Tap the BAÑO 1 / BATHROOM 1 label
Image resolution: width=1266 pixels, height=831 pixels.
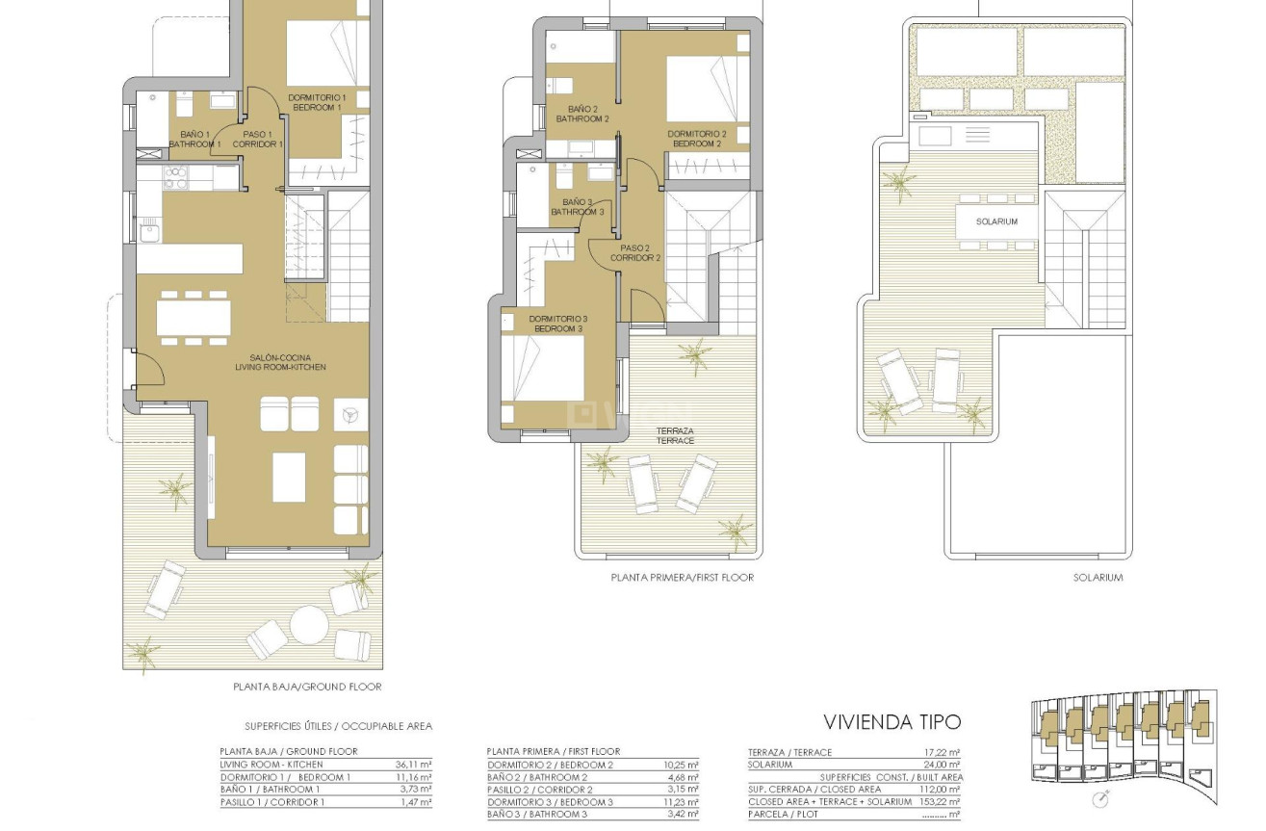pos(195,140)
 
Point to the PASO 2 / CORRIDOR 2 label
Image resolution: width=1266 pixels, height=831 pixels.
pos(634,253)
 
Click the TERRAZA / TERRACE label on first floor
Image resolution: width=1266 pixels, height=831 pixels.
pos(676,435)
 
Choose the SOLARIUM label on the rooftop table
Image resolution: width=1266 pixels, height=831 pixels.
pos(995,221)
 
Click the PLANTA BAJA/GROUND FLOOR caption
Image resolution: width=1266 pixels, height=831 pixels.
pos(307,687)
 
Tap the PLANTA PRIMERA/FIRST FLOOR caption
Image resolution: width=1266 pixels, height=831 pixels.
pos(682,578)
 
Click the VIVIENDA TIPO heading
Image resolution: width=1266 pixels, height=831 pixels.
pos(892,722)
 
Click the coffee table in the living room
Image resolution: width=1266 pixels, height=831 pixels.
pos(289,477)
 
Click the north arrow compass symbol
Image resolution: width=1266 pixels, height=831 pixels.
pos(1100,799)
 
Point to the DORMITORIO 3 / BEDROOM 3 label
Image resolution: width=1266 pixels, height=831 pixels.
pos(557,324)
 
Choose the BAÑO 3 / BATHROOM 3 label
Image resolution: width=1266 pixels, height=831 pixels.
pos(577,207)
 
